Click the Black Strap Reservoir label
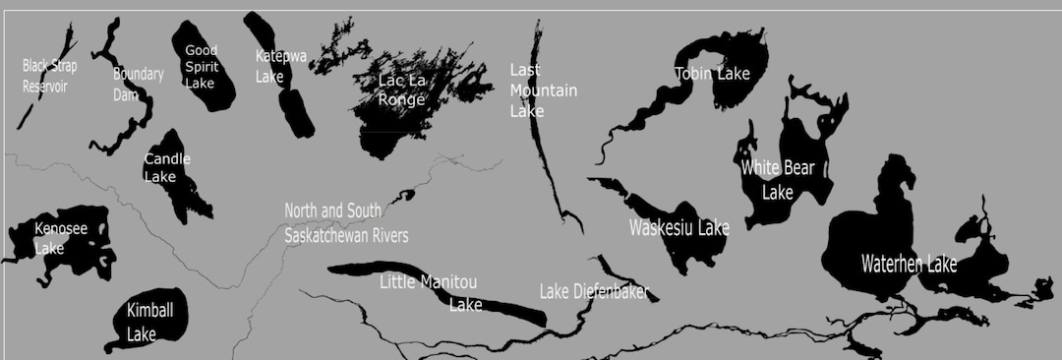click(49, 76)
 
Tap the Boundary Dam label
click(138, 84)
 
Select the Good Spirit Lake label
click(201, 67)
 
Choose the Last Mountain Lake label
click(543, 90)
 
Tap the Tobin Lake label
click(712, 73)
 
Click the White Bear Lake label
click(778, 180)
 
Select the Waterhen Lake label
click(909, 264)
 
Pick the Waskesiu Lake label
click(678, 228)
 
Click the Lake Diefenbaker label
click(594, 292)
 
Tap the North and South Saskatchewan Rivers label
click(346, 223)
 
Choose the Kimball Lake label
click(150, 322)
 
